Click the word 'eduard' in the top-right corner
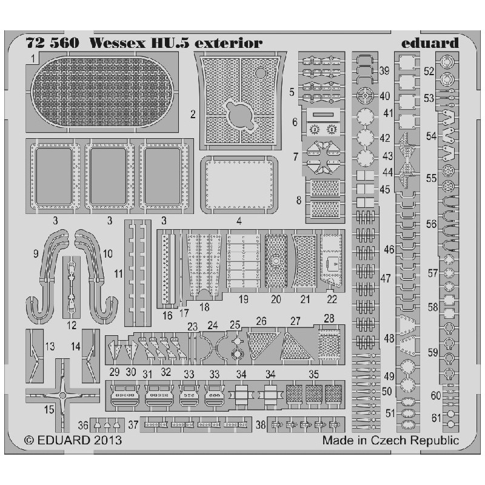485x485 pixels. pyautogui.click(x=430, y=43)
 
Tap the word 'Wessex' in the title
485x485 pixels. pyautogui.click(x=117, y=43)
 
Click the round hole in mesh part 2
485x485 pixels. pyautogui.click(x=261, y=73)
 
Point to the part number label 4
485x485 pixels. pyautogui.click(x=239, y=221)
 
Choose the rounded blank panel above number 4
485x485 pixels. pyautogui.click(x=239, y=184)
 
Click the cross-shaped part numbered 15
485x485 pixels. pyautogui.click(x=63, y=395)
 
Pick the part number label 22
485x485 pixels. pyautogui.click(x=332, y=299)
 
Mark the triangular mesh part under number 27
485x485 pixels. pyautogui.click(x=296, y=346)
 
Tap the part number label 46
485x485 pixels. pyautogui.click(x=389, y=249)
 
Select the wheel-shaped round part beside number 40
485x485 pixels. pyautogui.click(x=365, y=96)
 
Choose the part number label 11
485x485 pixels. pyautogui.click(x=118, y=274)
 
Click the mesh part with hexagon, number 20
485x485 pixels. pyautogui.click(x=276, y=261)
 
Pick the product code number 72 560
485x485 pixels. pyautogui.click(x=53, y=43)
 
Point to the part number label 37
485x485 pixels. pyautogui.click(x=133, y=425)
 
